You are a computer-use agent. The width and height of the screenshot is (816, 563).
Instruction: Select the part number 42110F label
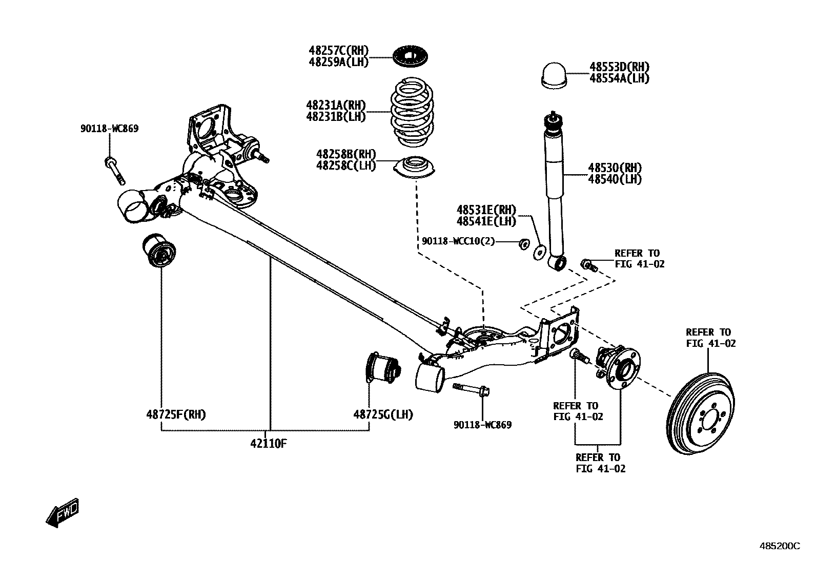[268, 444]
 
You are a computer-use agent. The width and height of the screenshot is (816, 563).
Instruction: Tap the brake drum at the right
[703, 418]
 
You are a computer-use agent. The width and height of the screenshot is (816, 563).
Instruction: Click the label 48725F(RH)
[176, 414]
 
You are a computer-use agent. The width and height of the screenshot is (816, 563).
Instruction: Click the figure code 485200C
[779, 546]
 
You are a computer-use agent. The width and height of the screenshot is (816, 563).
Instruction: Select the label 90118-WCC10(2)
[458, 241]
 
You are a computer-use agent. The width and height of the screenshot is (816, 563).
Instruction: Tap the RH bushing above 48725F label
[158, 250]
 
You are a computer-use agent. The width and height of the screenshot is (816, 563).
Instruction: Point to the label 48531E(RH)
[486, 210]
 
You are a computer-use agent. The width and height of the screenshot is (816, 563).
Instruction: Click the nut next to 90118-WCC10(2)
[523, 244]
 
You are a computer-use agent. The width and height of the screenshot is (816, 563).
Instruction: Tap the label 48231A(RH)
[336, 105]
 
